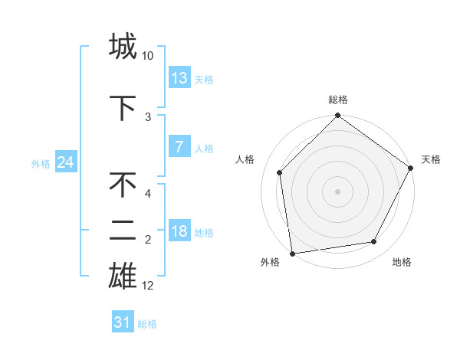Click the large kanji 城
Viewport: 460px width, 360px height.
pyautogui.click(x=123, y=46)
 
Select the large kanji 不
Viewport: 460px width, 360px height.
pyautogui.click(x=123, y=185)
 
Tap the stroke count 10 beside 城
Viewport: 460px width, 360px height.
pyautogui.click(x=148, y=56)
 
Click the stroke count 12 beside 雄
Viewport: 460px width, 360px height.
pyautogui.click(x=148, y=286)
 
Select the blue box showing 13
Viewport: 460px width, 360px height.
pyautogui.click(x=179, y=78)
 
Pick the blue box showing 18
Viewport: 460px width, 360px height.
pyautogui.click(x=179, y=231)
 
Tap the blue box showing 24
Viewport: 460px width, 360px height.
pyautogui.click(x=65, y=162)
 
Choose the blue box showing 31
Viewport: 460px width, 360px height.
pyautogui.click(x=123, y=322)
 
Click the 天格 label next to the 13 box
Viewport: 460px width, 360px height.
pyautogui.click(x=204, y=79)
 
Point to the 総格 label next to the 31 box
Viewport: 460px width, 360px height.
pyautogui.click(x=147, y=324)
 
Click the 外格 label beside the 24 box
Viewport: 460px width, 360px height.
pyautogui.click(x=41, y=163)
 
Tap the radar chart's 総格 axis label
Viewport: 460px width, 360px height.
pyautogui.click(x=338, y=100)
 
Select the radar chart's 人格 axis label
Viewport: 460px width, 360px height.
pyautogui.click(x=245, y=159)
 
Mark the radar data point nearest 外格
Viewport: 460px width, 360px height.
pyautogui.click(x=292, y=253)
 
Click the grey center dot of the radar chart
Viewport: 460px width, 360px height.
pyautogui.click(x=337, y=191)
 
